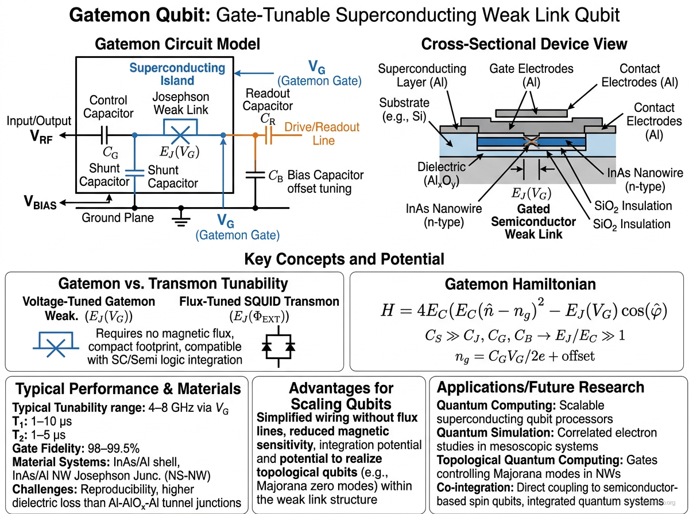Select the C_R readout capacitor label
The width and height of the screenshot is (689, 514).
coord(268,119)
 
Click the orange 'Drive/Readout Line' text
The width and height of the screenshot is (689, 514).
coord(322,134)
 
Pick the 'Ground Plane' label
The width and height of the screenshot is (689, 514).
coord(118,218)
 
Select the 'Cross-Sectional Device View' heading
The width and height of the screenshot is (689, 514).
coord(524,44)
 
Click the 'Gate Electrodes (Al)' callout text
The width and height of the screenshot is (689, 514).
coord(531,75)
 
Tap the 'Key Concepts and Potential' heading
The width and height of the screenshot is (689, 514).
coord(344,259)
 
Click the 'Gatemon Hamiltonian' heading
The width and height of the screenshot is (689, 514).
coord(520,283)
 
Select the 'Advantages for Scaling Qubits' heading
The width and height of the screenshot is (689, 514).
coord(341,395)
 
